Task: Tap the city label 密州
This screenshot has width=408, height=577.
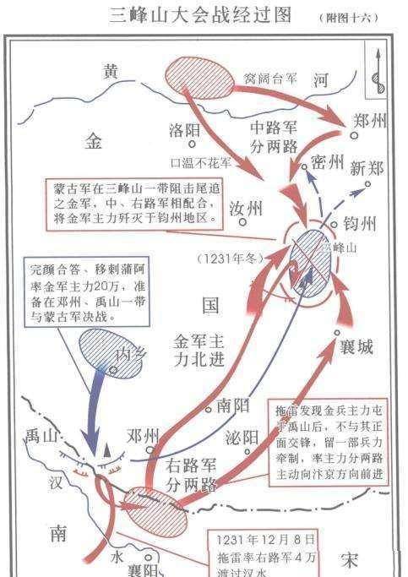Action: tap(329, 162)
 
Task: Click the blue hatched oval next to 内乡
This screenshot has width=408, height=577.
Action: tap(102, 351)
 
